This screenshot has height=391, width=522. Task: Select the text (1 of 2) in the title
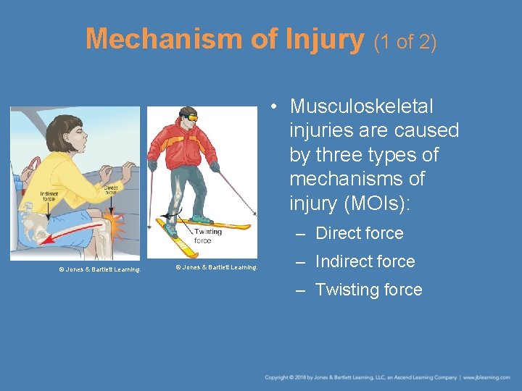point(405,43)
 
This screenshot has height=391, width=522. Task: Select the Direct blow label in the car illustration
point(111,190)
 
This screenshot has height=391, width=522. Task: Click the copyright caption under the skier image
point(216,267)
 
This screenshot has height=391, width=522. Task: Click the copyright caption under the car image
point(99,269)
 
